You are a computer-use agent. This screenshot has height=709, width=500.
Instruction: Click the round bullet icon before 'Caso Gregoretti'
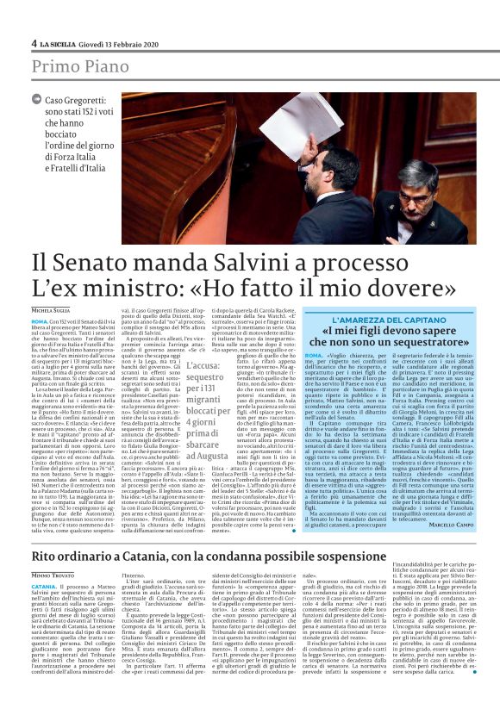pyautogui.click(x=41, y=103)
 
